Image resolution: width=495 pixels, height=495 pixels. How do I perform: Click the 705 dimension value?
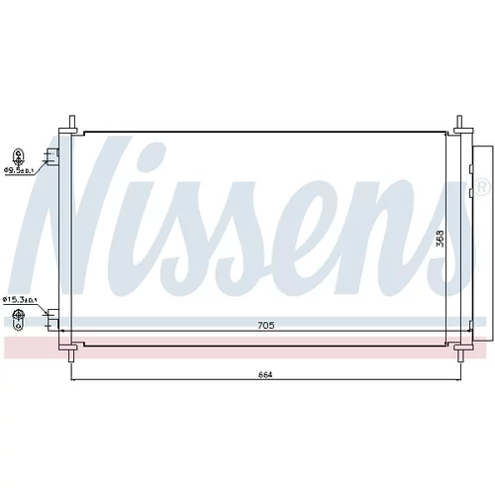pyautogui.click(x=266, y=326)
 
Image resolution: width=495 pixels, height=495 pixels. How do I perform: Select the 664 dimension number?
pyautogui.click(x=265, y=375)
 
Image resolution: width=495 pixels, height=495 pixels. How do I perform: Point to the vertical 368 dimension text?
pyautogui.click(x=440, y=239)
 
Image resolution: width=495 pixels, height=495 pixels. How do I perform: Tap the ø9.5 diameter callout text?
pyautogui.click(x=19, y=170)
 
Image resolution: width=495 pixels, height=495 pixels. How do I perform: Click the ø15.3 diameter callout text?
pyautogui.click(x=20, y=300)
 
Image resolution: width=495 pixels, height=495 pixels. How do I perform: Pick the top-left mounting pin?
pyautogui.click(x=72, y=124)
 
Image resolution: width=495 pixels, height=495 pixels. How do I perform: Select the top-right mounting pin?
pyautogui.click(x=459, y=124)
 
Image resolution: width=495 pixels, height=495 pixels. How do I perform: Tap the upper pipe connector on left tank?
pyautogui.click(x=52, y=156)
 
